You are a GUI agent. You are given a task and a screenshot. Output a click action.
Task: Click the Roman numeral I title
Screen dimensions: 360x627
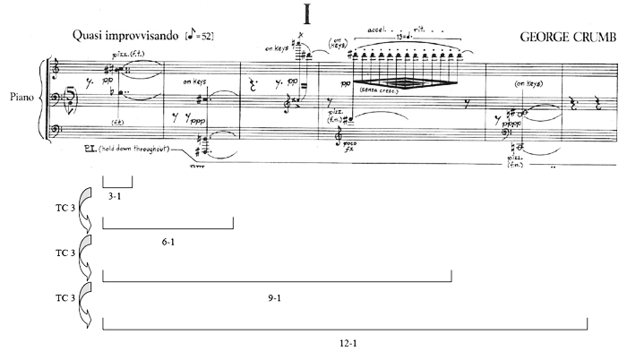[x=313, y=14]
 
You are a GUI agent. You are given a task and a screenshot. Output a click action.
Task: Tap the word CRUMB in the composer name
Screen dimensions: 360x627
[x=586, y=37]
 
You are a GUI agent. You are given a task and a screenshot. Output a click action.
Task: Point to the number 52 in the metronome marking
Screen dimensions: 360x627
[x=208, y=37]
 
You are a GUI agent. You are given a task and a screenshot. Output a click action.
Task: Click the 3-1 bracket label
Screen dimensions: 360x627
[x=115, y=194]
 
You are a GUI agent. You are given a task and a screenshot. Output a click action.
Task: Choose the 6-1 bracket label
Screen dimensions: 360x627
[x=167, y=244]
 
